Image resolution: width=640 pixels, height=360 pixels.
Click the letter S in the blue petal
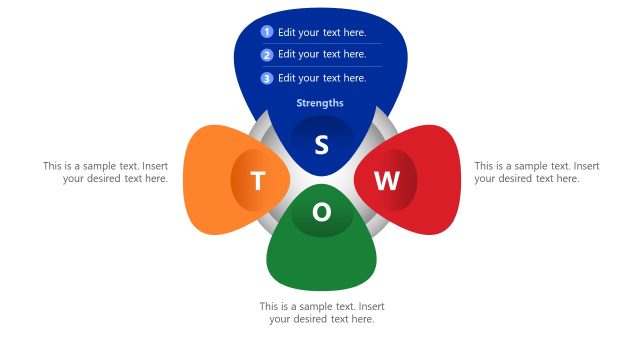point(321,145)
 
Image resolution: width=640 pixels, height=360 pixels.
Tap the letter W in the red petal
point(386,181)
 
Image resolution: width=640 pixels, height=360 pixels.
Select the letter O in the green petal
point(322,213)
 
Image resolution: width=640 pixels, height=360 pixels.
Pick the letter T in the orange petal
point(258,181)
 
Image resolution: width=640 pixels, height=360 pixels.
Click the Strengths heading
point(320,103)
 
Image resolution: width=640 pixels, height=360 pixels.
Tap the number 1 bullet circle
point(267,32)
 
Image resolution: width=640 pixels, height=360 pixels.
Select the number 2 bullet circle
point(267,55)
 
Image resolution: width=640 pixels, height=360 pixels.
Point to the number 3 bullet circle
point(267,78)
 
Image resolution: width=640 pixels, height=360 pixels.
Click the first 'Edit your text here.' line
point(322,32)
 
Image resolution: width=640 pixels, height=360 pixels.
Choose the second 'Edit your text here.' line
point(322,55)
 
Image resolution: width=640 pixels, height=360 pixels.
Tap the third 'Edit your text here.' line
point(322,78)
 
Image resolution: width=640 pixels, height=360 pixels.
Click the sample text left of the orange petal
point(105,172)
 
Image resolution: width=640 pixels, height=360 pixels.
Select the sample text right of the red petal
point(537,172)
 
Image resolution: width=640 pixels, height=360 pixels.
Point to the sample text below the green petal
point(322,312)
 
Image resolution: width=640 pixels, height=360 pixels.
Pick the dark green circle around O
point(305,226)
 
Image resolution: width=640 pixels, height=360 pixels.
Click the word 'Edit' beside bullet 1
point(287,32)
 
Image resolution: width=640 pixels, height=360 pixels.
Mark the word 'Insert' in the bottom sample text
point(371,306)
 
